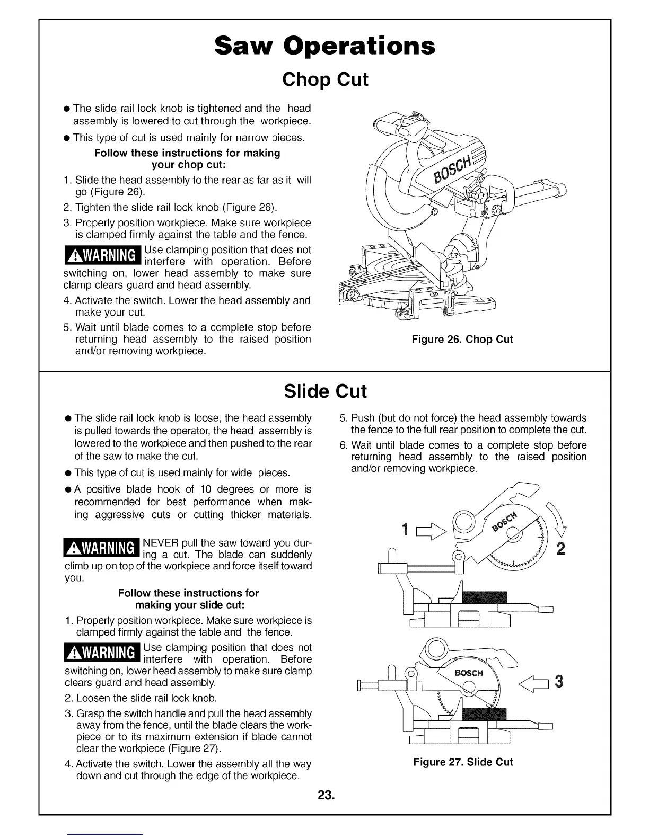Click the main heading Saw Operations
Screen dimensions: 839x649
pos(324,46)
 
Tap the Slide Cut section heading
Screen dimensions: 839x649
pos(325,391)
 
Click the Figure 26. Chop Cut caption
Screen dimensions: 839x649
pos(462,339)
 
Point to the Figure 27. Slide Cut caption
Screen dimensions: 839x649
pos(463,762)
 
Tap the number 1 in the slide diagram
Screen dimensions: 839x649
pos(405,529)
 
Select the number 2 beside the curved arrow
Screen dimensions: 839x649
pos(560,549)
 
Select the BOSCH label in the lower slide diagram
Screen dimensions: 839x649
pos(469,673)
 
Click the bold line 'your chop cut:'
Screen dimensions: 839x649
pos(187,165)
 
